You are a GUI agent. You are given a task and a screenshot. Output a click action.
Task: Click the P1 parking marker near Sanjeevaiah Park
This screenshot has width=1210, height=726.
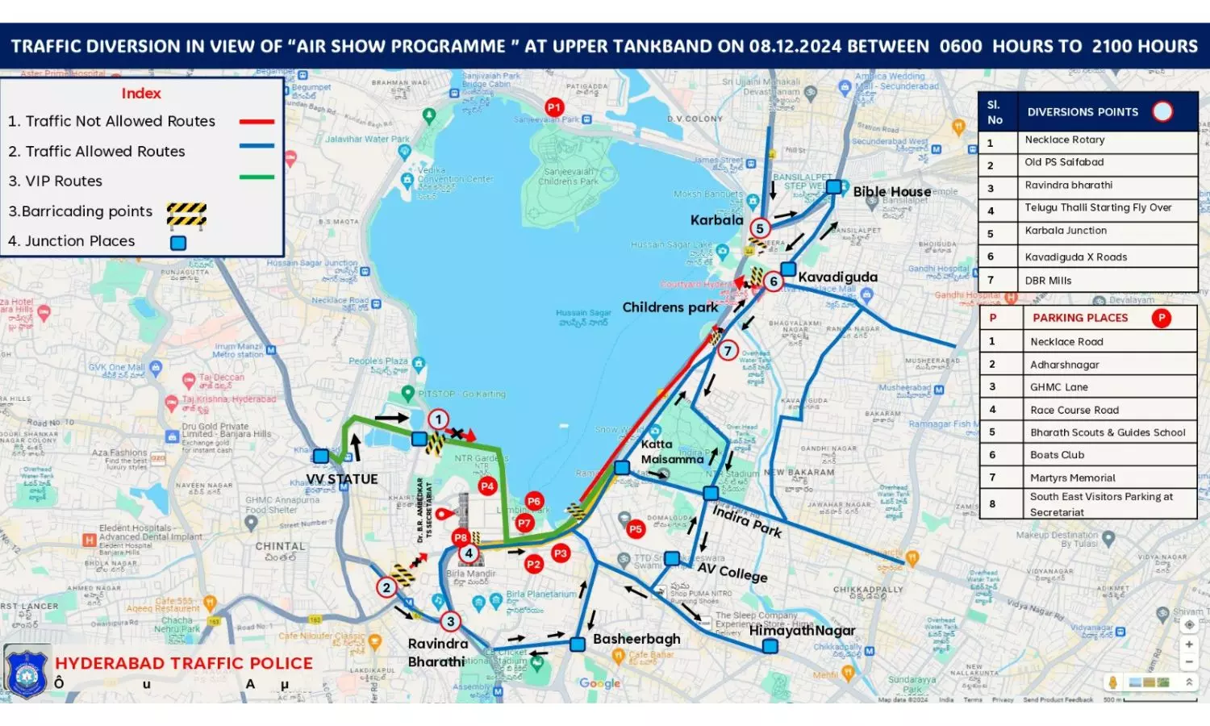click(554, 107)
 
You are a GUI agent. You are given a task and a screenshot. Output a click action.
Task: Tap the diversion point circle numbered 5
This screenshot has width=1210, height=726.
click(759, 228)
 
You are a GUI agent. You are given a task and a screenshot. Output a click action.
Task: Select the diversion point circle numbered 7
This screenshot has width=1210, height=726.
click(728, 351)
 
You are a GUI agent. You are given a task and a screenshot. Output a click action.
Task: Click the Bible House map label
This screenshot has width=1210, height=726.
click(891, 192)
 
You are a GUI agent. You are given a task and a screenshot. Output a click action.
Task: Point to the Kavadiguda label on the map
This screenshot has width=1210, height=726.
click(837, 277)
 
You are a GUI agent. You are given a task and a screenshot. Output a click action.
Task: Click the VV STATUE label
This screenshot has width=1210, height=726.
click(342, 479)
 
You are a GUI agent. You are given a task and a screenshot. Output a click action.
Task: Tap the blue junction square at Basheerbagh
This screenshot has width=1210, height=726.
click(578, 645)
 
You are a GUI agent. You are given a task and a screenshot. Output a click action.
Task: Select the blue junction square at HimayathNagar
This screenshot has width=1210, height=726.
click(770, 646)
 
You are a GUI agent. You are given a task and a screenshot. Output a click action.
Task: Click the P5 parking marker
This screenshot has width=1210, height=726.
click(636, 529)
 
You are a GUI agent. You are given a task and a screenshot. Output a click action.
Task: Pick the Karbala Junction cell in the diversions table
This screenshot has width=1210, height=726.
click(1066, 231)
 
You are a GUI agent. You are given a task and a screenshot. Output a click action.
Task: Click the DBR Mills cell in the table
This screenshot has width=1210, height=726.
click(1048, 281)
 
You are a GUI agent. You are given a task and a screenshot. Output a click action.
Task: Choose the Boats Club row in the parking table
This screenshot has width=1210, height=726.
click(1057, 455)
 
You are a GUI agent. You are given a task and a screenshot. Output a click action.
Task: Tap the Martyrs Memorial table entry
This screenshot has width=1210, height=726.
click(1072, 478)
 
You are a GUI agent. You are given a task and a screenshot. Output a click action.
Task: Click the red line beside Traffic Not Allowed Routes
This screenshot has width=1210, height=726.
click(257, 122)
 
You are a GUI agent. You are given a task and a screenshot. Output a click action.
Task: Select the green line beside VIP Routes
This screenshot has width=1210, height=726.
click(257, 177)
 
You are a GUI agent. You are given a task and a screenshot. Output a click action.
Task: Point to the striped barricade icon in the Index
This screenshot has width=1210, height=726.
click(186, 215)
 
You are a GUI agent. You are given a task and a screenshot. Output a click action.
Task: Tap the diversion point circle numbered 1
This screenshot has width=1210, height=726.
click(438, 419)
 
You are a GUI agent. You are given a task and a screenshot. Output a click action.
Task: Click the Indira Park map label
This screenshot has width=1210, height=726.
click(746, 521)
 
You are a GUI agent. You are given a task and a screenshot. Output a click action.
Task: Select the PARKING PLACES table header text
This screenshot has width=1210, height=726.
click(1080, 318)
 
